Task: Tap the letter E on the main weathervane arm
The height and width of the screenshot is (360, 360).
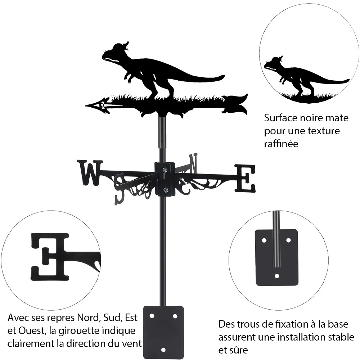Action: (245, 179)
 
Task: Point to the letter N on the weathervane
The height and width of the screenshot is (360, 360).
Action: (193, 163)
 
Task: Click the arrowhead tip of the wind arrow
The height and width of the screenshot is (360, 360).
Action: (86, 105)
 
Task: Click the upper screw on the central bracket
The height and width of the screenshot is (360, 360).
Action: (165, 170)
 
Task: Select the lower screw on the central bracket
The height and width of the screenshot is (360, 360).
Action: (165, 190)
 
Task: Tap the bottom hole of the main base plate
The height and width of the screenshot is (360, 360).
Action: (163, 350)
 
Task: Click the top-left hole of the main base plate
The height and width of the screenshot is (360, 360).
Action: (152, 316)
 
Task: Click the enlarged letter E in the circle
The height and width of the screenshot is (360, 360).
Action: (50, 257)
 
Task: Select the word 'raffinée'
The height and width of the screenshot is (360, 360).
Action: (281, 144)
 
